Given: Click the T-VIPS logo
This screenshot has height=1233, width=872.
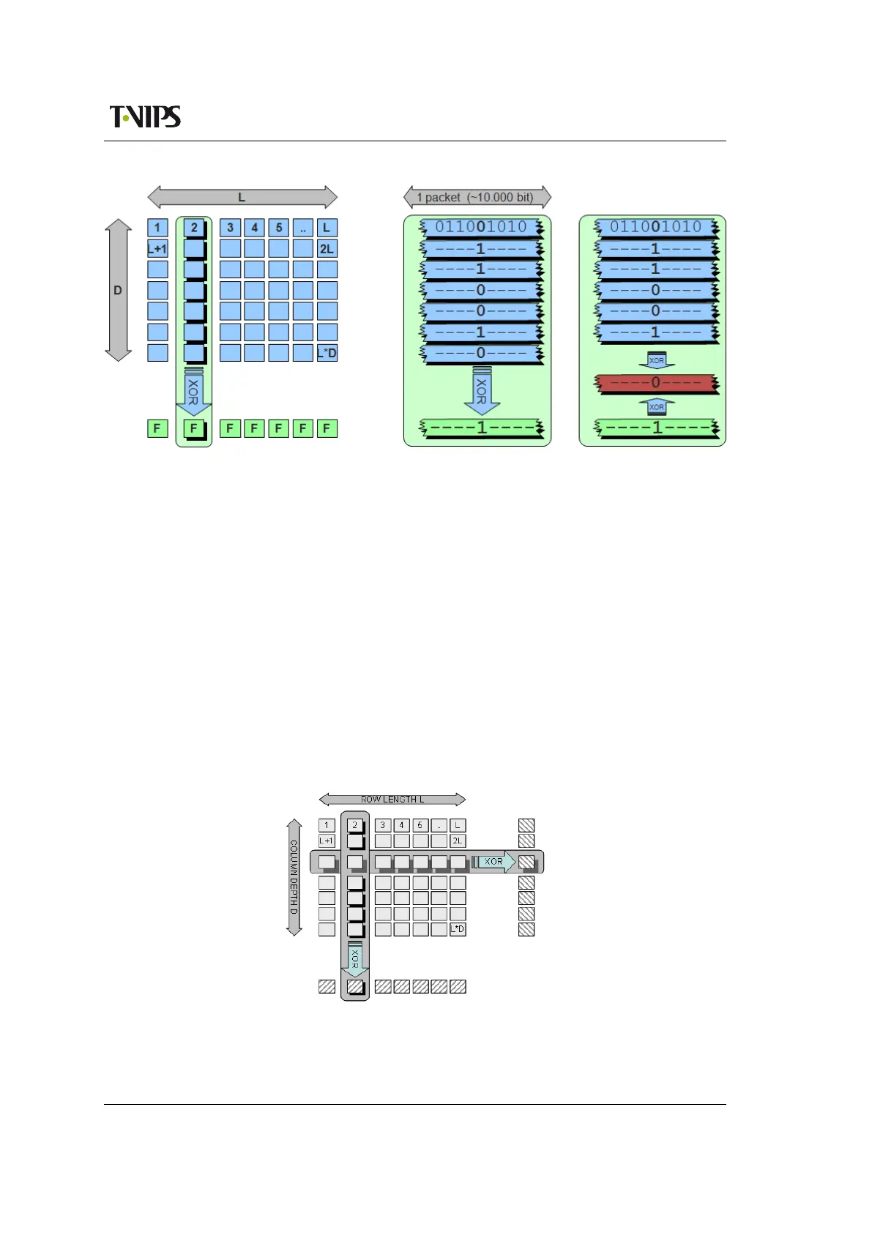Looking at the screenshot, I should coord(145,116).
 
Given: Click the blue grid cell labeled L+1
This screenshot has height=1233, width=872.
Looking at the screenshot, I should coord(157,249).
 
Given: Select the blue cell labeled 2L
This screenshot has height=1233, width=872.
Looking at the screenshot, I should coord(327,249).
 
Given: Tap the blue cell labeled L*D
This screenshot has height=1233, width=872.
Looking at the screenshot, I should coord(327,353).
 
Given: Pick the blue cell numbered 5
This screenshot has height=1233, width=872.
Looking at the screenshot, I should coord(279,228).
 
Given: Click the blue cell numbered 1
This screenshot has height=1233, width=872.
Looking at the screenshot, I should coord(157,228).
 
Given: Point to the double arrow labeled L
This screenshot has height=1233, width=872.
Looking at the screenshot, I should coord(242,197).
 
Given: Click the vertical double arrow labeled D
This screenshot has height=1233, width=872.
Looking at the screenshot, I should coord(118,290).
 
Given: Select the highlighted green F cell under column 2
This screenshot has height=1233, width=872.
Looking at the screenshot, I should coord(194,428).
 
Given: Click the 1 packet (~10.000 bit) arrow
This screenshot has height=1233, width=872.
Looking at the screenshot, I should coord(477,197).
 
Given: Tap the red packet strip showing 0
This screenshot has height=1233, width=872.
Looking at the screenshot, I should coord(656,383).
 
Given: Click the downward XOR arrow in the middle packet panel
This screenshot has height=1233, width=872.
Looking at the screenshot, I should coord(481,392).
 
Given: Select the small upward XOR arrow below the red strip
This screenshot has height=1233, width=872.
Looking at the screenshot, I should coord(657,406).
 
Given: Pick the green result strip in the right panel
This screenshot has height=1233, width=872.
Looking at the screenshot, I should coord(656,428).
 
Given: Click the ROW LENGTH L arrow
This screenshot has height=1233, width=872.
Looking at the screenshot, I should coord(392,799).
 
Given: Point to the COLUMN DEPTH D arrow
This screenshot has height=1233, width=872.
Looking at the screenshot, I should coord(294,876).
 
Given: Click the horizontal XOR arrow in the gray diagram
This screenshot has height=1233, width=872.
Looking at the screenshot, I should coord(494,862).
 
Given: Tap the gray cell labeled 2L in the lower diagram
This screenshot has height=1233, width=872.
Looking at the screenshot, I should coord(458,841).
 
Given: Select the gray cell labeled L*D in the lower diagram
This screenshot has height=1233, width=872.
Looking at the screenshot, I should coord(458,929).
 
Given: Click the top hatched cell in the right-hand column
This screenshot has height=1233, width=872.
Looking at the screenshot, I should coord(526,825).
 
